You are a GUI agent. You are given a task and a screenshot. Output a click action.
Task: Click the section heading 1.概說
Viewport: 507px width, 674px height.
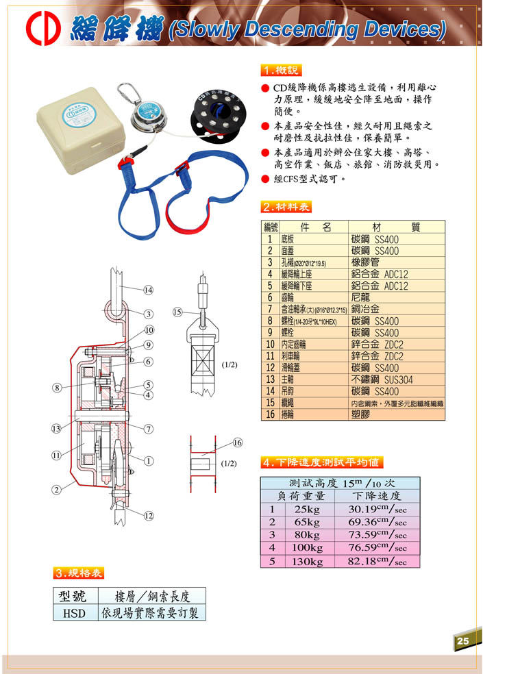click(281, 71)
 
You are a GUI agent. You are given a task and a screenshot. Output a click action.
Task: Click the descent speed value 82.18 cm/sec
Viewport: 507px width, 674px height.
click(377, 561)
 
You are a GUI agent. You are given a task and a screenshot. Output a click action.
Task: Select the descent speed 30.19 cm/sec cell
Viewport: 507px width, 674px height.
click(377, 509)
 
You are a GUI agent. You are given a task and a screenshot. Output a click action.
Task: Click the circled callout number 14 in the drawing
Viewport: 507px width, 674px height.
click(148, 290)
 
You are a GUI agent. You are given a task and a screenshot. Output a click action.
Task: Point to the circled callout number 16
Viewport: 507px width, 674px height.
click(238, 442)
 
